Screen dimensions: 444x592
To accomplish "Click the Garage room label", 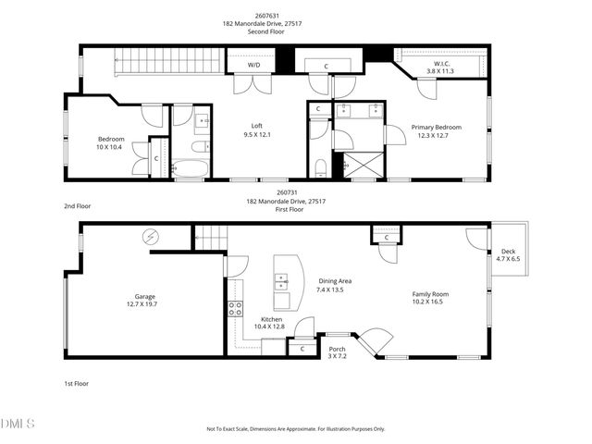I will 140,301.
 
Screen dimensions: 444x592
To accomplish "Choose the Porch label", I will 337,352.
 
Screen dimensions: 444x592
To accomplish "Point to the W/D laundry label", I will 253,66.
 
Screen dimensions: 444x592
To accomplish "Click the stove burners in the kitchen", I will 235,308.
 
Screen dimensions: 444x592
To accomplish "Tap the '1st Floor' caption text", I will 77,383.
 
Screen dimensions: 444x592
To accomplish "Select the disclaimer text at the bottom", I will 295,429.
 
